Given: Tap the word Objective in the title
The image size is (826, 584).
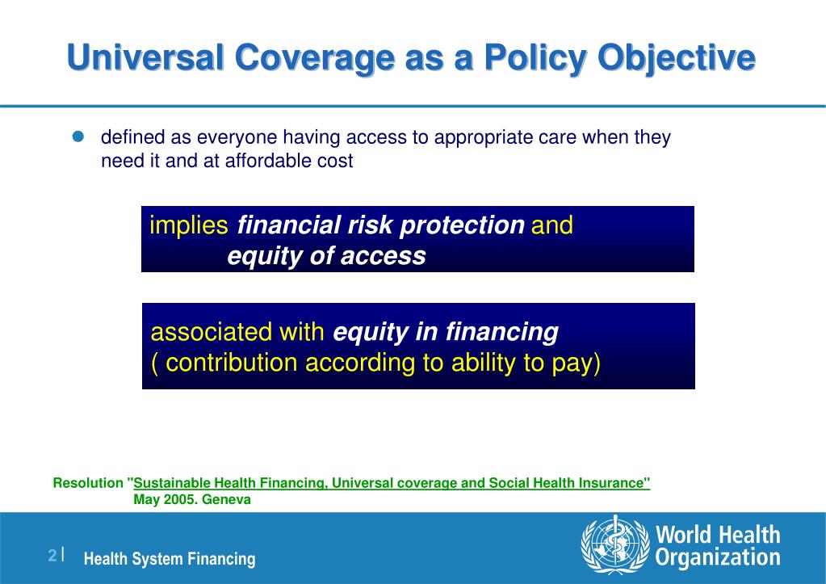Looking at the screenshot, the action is (x=677, y=58).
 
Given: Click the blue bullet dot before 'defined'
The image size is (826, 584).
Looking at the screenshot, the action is (x=78, y=137).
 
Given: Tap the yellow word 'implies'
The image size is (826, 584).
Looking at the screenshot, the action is (x=189, y=225).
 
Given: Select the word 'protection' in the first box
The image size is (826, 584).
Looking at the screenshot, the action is (x=462, y=225).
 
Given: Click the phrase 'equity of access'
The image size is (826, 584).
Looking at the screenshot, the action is (x=327, y=256).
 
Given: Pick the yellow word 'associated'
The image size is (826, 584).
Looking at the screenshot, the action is (x=212, y=332).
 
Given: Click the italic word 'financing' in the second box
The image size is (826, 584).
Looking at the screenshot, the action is (x=502, y=333).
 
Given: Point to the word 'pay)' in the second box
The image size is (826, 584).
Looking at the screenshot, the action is (x=577, y=363).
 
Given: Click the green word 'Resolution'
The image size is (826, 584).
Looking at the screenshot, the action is (x=88, y=483).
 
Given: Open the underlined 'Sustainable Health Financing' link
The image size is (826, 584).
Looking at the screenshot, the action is (x=229, y=483).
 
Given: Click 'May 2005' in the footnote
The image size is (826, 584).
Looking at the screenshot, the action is (x=166, y=499).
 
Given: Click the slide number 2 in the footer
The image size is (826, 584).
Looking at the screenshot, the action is (x=52, y=555).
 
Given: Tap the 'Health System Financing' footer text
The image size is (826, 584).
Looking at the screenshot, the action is (x=170, y=559).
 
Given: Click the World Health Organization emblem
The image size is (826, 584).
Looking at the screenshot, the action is (x=615, y=544).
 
